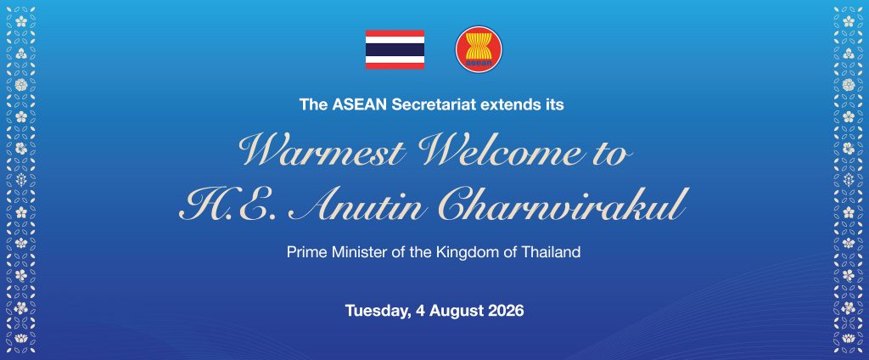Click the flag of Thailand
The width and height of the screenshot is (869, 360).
[395, 49]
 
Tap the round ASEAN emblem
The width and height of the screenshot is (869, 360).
[479, 49]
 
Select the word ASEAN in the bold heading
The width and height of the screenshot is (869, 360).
[360, 104]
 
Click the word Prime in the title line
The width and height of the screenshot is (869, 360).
[305, 252]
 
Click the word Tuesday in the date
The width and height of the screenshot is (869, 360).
[378, 311]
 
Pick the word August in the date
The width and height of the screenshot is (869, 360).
[455, 311]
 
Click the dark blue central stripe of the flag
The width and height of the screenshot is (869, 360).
[395, 49]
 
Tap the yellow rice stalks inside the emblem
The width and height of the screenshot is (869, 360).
[479, 45]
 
